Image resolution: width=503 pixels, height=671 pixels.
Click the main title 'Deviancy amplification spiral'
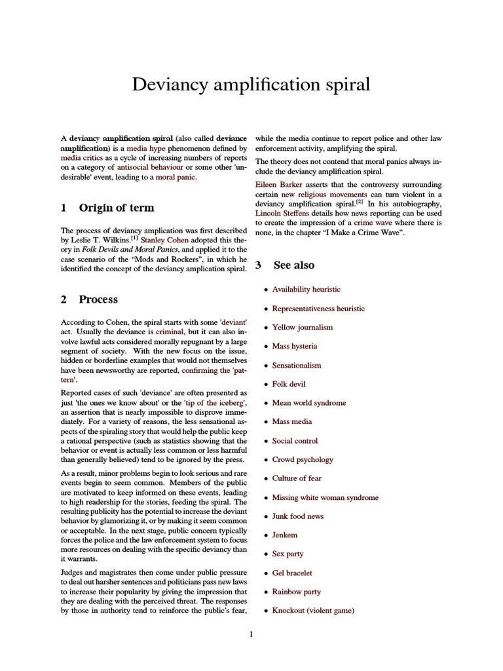[251, 85]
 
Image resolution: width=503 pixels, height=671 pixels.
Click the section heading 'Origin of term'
[117, 208]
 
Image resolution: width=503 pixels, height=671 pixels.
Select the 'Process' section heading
[98, 299]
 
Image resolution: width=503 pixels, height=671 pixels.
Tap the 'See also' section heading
[293, 265]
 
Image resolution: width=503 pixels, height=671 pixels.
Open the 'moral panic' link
[175, 178]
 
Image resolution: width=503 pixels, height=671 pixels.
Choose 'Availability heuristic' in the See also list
[306, 289]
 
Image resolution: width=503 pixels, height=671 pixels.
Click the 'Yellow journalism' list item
[302, 327]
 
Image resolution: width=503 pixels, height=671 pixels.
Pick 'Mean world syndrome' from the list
[309, 403]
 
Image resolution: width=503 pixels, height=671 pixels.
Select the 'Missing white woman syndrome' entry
[325, 497]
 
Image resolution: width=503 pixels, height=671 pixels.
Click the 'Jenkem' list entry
[285, 535]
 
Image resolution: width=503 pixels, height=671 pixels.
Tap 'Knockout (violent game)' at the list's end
[313, 611]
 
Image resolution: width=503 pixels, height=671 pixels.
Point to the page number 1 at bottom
[251, 634]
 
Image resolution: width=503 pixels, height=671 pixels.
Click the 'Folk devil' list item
[289, 384]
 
